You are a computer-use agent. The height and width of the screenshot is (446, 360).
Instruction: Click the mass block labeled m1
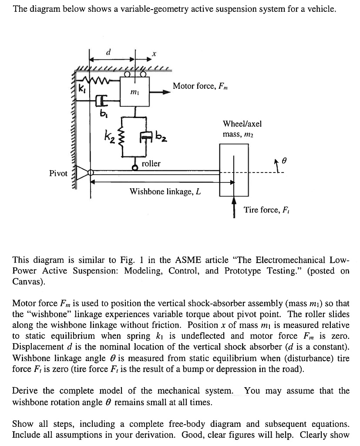pyautogui.click(x=135, y=91)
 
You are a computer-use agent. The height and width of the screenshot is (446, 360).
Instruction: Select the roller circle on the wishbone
pyautogui.click(x=135, y=167)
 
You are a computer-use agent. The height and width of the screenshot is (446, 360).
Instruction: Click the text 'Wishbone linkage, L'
pyautogui.click(x=165, y=191)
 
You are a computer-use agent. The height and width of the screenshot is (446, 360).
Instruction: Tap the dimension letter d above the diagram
pyautogui.click(x=109, y=51)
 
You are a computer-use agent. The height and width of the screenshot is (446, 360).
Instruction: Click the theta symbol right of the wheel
pyautogui.click(x=284, y=160)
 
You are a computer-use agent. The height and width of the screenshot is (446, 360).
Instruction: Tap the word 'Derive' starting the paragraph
pyautogui.click(x=26, y=391)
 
